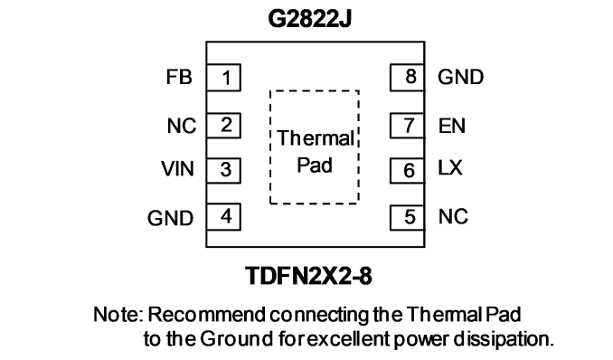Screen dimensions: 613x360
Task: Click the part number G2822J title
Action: [x=309, y=19]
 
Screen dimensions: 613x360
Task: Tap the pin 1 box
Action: [x=223, y=78]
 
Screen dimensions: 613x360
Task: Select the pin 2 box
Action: [x=223, y=126]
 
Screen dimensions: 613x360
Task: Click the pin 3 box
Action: [x=223, y=170]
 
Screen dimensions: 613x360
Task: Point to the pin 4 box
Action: [x=223, y=216]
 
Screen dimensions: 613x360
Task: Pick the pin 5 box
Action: [x=408, y=217]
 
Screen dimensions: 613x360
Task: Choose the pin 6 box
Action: [x=408, y=170]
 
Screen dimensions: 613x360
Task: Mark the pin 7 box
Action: [x=408, y=126]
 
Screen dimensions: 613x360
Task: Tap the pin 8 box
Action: [x=408, y=78]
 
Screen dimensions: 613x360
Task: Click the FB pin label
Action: [x=179, y=77]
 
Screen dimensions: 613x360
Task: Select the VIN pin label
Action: [x=177, y=168]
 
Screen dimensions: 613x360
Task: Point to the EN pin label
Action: [x=452, y=126]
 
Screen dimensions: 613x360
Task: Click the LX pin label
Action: [x=450, y=168]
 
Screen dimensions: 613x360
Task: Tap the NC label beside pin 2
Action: [x=182, y=126]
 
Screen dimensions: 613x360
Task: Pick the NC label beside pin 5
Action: [x=453, y=216]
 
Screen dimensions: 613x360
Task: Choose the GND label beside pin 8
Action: [x=461, y=77]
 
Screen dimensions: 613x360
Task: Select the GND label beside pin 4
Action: [x=171, y=218]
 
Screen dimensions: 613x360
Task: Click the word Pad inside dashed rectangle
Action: [x=315, y=166]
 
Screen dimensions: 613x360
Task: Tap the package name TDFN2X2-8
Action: [x=309, y=276]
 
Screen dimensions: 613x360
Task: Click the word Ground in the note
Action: [x=237, y=339]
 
